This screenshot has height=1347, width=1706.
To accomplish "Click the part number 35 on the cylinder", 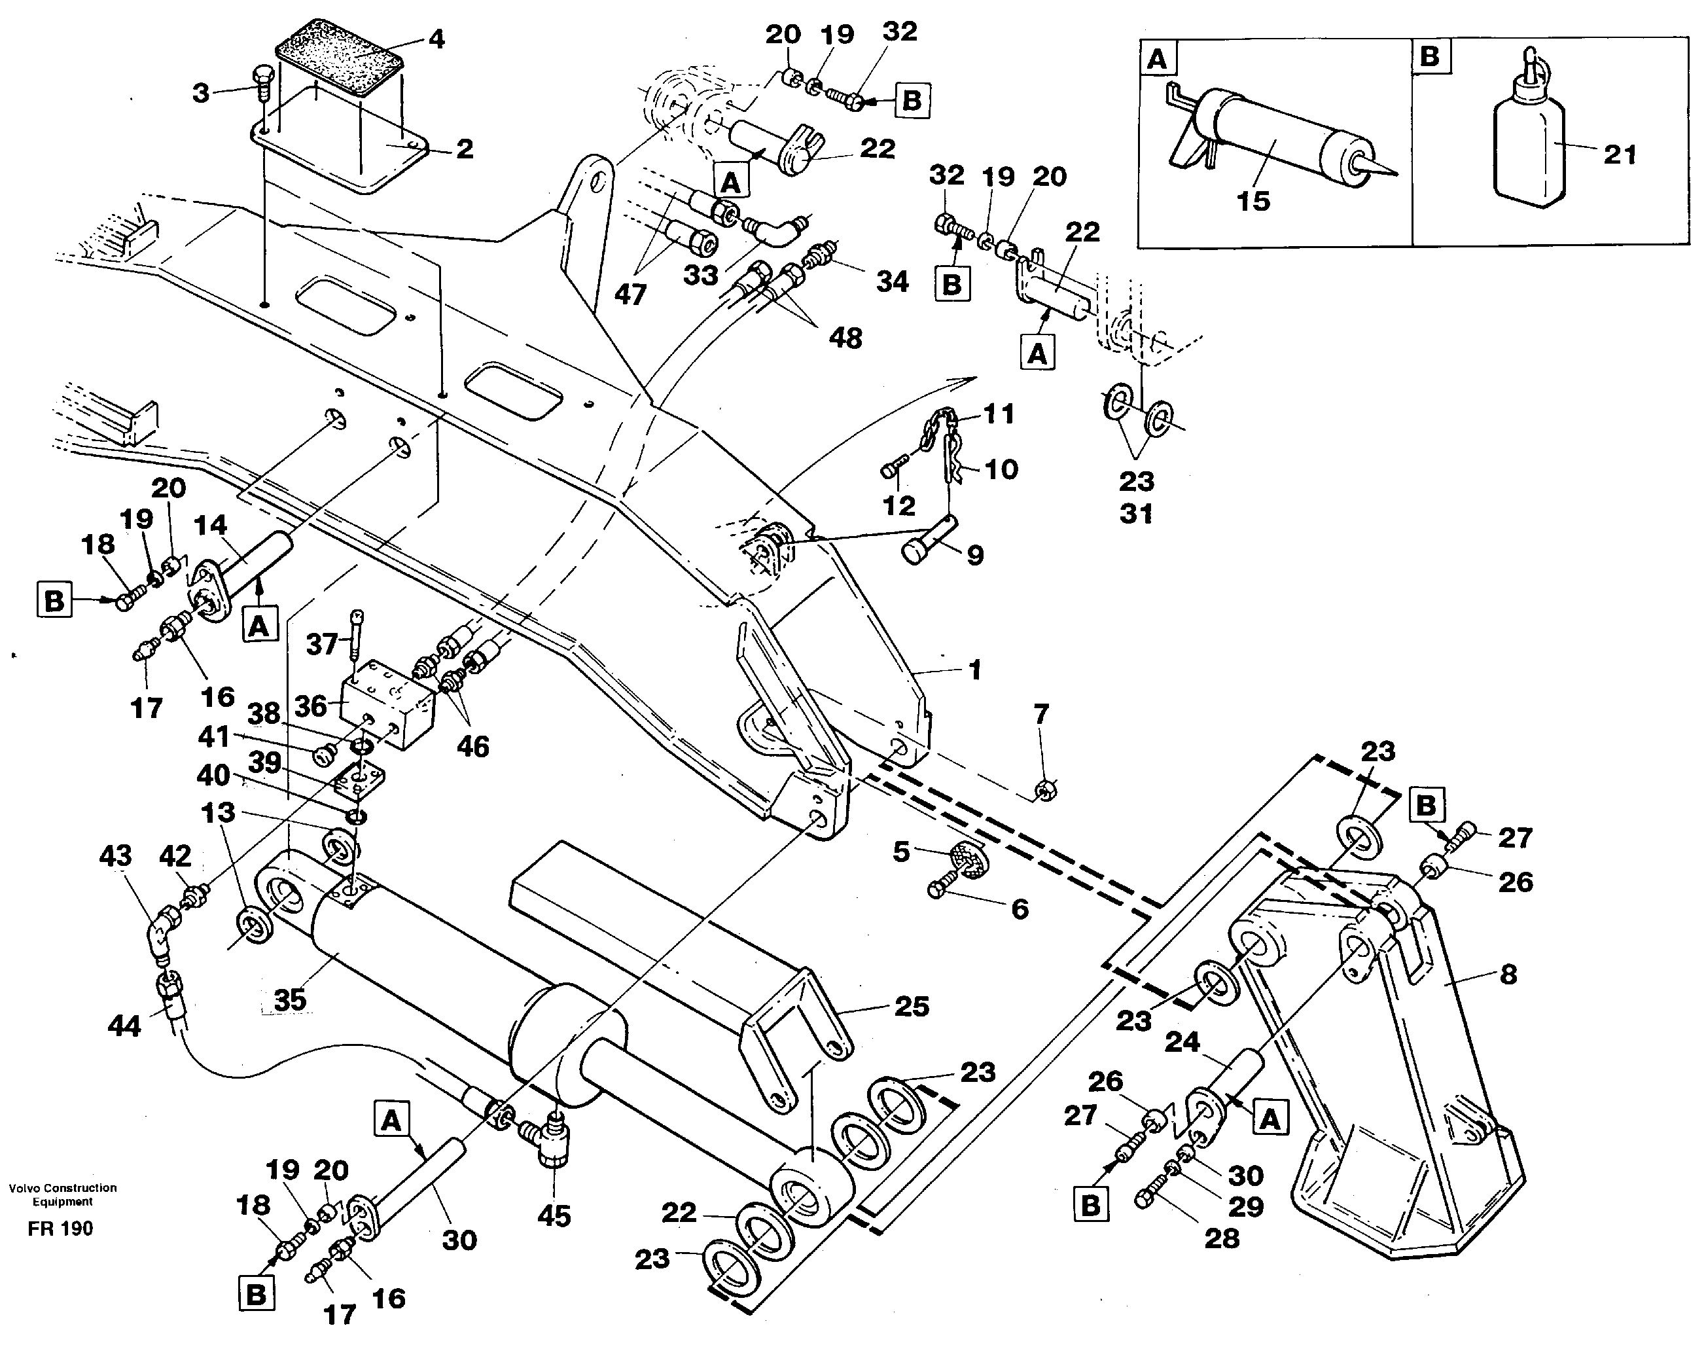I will [x=289, y=1000].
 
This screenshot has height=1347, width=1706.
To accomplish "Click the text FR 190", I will [x=60, y=1229].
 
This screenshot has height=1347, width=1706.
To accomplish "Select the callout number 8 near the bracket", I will [x=1507, y=974].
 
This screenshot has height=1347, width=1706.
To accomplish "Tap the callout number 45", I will [x=554, y=1216].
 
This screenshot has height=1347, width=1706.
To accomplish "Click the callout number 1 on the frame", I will [x=974, y=670].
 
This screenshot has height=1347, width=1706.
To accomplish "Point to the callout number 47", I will [x=630, y=295].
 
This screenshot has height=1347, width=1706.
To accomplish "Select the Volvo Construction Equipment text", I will [x=62, y=1194].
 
